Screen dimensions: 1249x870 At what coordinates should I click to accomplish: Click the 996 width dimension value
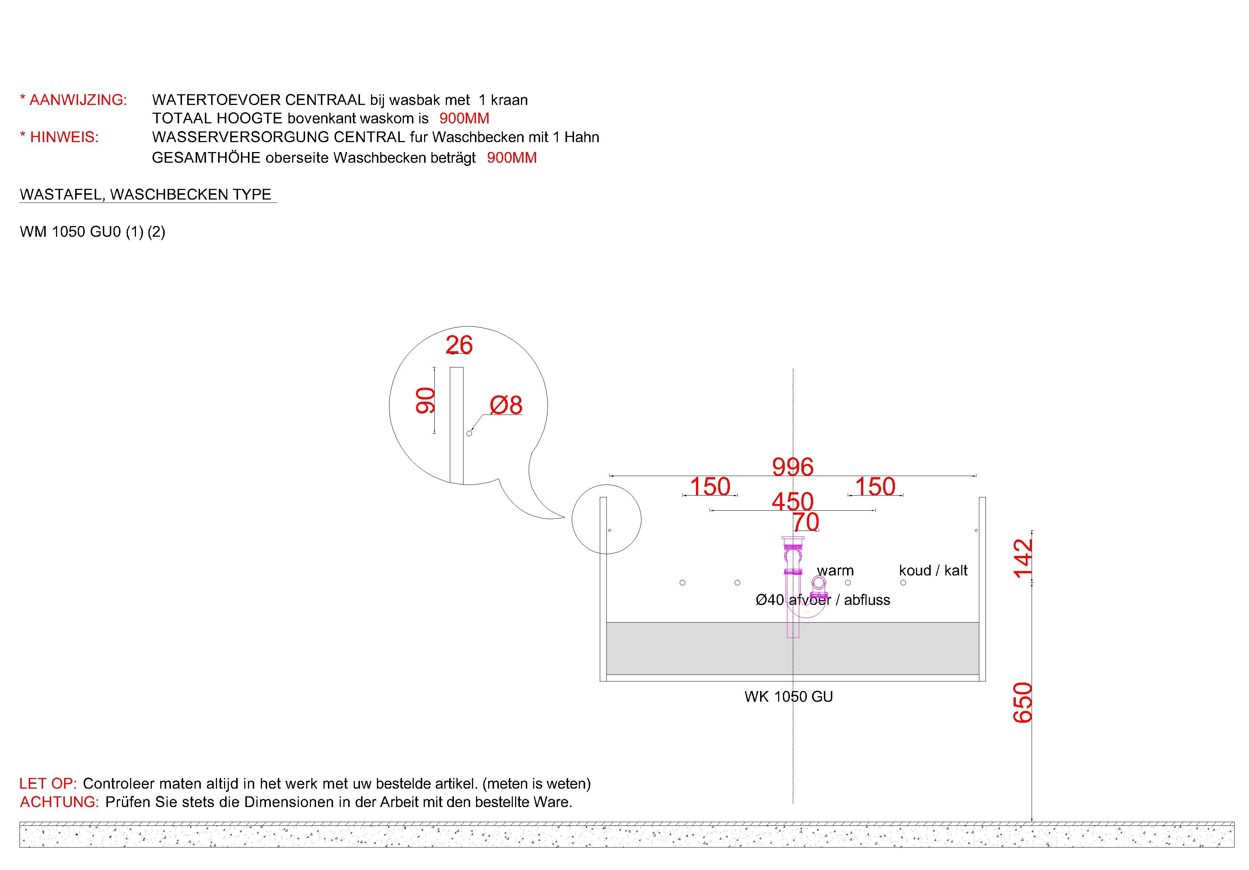pyautogui.click(x=793, y=466)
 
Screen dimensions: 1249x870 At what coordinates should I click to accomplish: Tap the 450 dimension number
pyautogui.click(x=793, y=501)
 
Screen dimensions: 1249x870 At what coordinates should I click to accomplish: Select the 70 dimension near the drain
pyautogui.click(x=806, y=522)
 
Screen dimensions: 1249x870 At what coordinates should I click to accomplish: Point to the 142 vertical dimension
pyautogui.click(x=1023, y=557)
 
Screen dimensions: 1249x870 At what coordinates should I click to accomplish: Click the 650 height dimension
pyautogui.click(x=1023, y=702)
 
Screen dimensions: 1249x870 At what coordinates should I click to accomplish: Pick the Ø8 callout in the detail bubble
pyautogui.click(x=506, y=405)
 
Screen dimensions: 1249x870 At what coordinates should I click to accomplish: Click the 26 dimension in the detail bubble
pyautogui.click(x=459, y=345)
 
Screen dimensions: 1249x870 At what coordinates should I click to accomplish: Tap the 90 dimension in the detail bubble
pyautogui.click(x=426, y=400)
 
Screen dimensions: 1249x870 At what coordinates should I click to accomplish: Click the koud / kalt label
pyautogui.click(x=933, y=570)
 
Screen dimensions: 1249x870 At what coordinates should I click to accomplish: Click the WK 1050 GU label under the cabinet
pyautogui.click(x=789, y=697)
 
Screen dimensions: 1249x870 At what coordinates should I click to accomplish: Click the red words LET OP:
pyautogui.click(x=48, y=783)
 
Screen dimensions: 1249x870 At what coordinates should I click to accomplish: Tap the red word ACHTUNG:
pyautogui.click(x=60, y=802)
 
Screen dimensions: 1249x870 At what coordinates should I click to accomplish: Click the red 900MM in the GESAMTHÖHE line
pyautogui.click(x=512, y=158)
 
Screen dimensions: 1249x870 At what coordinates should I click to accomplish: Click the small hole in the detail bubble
pyautogui.click(x=469, y=433)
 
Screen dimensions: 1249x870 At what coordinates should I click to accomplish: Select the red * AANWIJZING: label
pyautogui.click(x=73, y=100)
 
